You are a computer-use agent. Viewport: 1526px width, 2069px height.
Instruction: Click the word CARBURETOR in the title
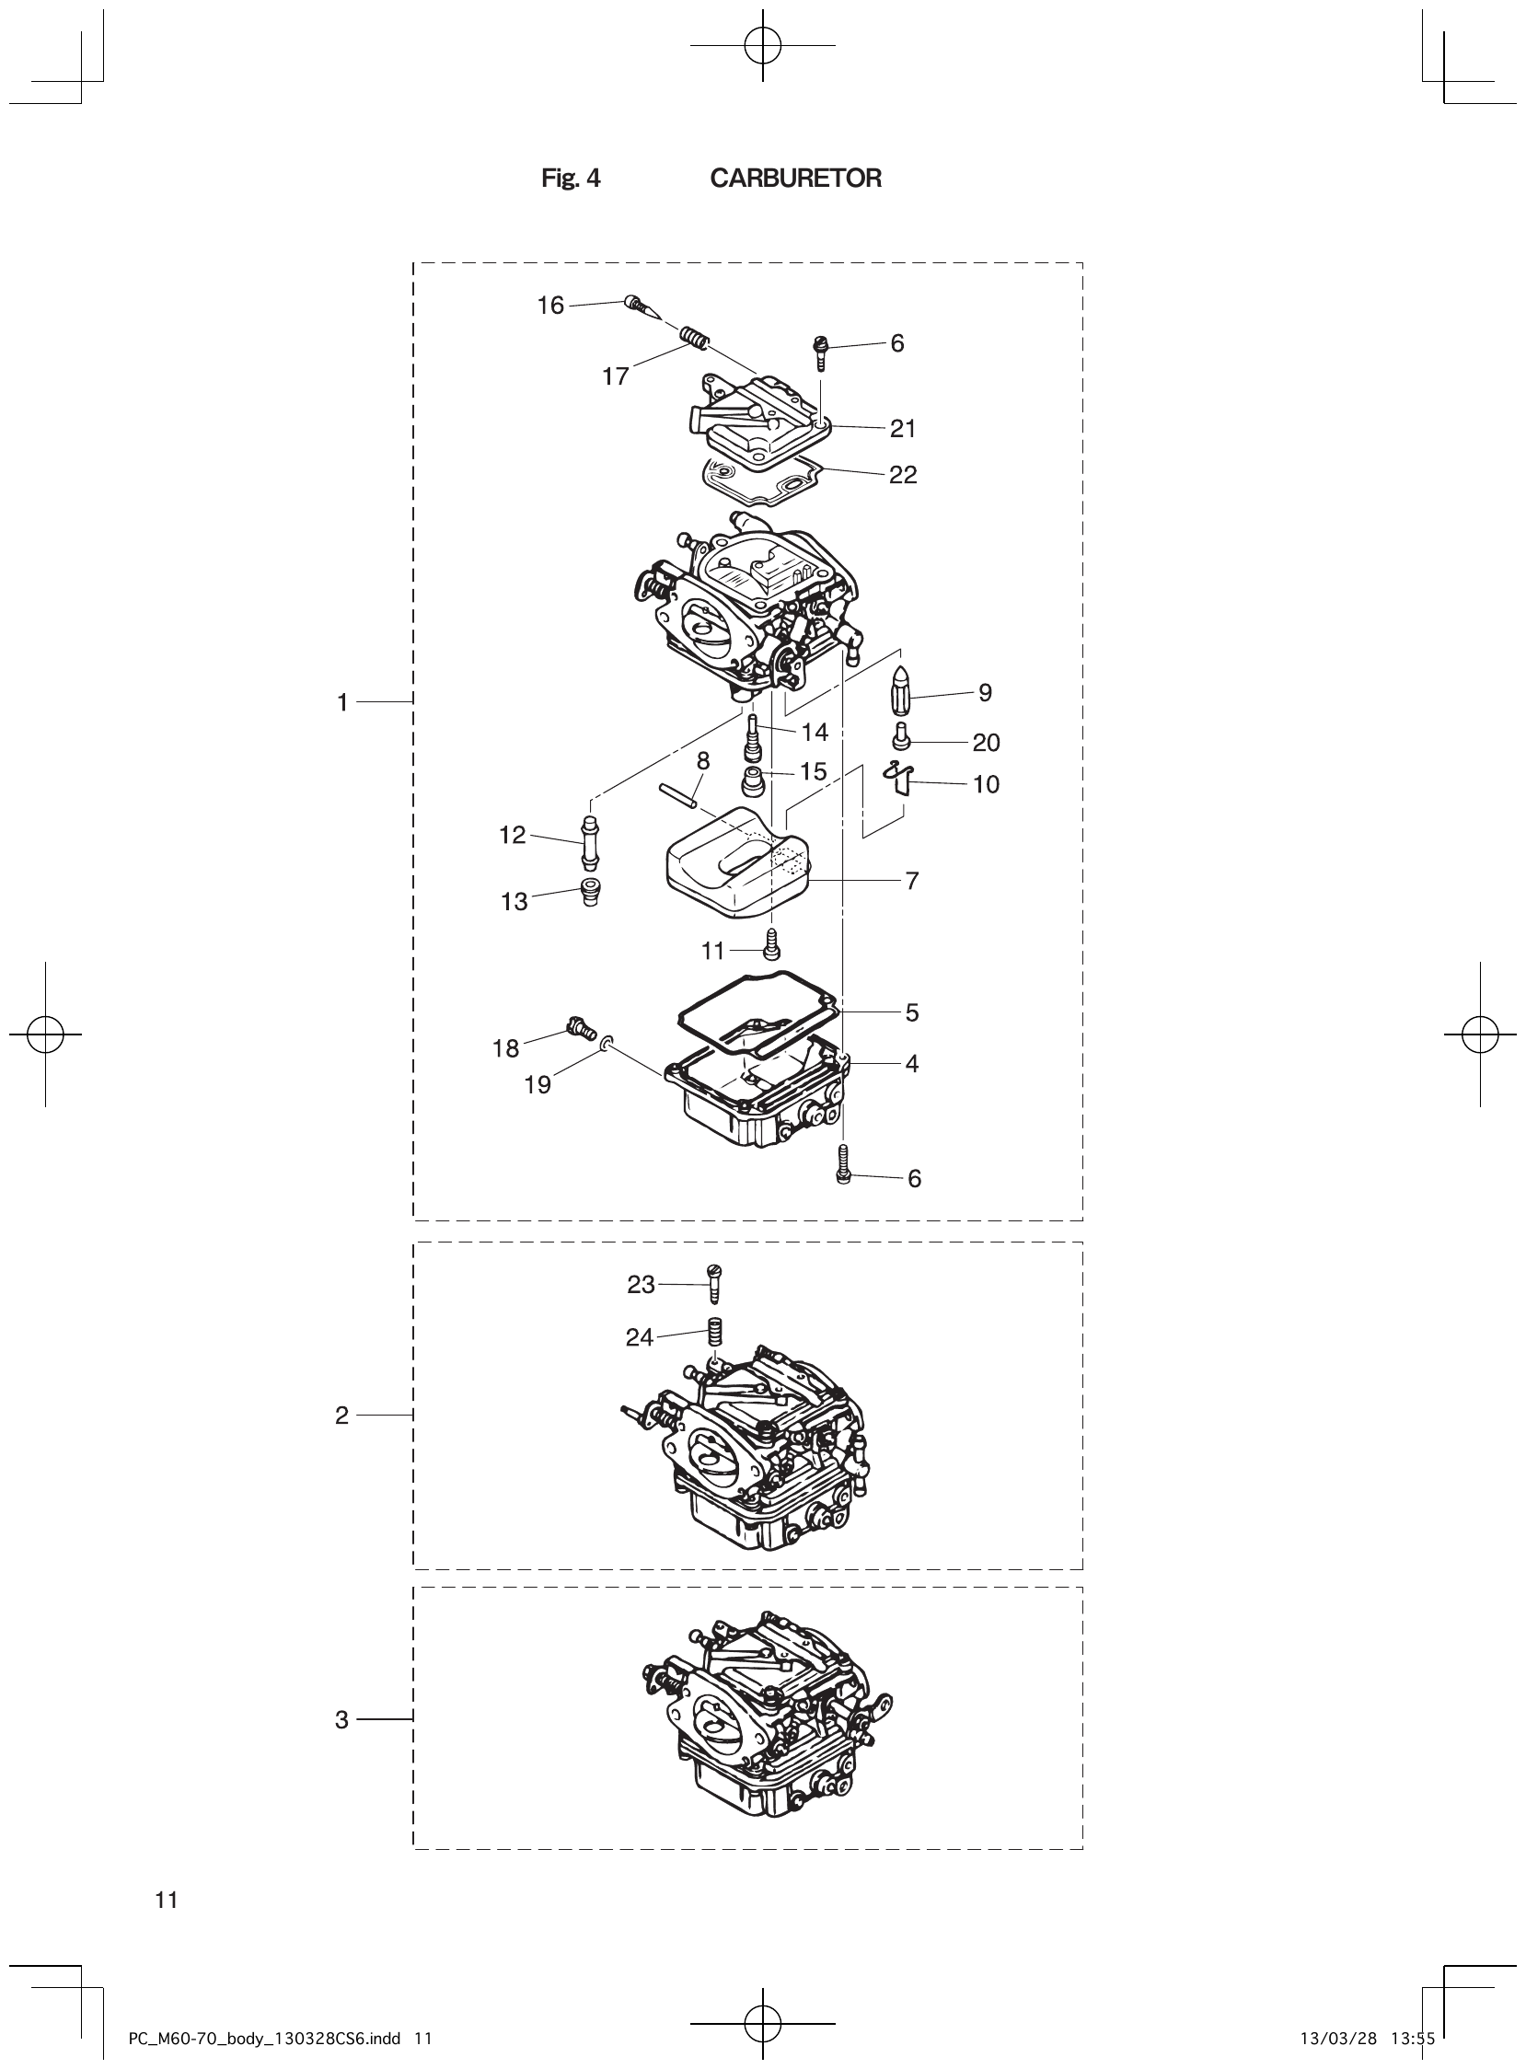[795, 179]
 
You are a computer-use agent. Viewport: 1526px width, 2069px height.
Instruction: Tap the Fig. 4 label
[570, 179]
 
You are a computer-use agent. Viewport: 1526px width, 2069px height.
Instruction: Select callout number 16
[550, 306]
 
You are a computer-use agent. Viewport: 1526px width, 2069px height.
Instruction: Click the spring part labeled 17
[694, 339]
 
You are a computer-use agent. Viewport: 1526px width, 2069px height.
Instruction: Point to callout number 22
[903, 475]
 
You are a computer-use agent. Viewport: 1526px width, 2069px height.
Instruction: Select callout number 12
[512, 835]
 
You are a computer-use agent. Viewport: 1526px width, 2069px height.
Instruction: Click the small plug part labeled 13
[588, 893]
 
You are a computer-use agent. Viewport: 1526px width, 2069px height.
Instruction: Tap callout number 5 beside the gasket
[912, 1013]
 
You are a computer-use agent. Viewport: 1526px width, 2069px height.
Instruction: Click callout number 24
[640, 1337]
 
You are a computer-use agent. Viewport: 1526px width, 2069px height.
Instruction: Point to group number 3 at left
[341, 1720]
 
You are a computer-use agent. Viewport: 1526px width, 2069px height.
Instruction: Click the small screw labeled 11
[774, 944]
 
